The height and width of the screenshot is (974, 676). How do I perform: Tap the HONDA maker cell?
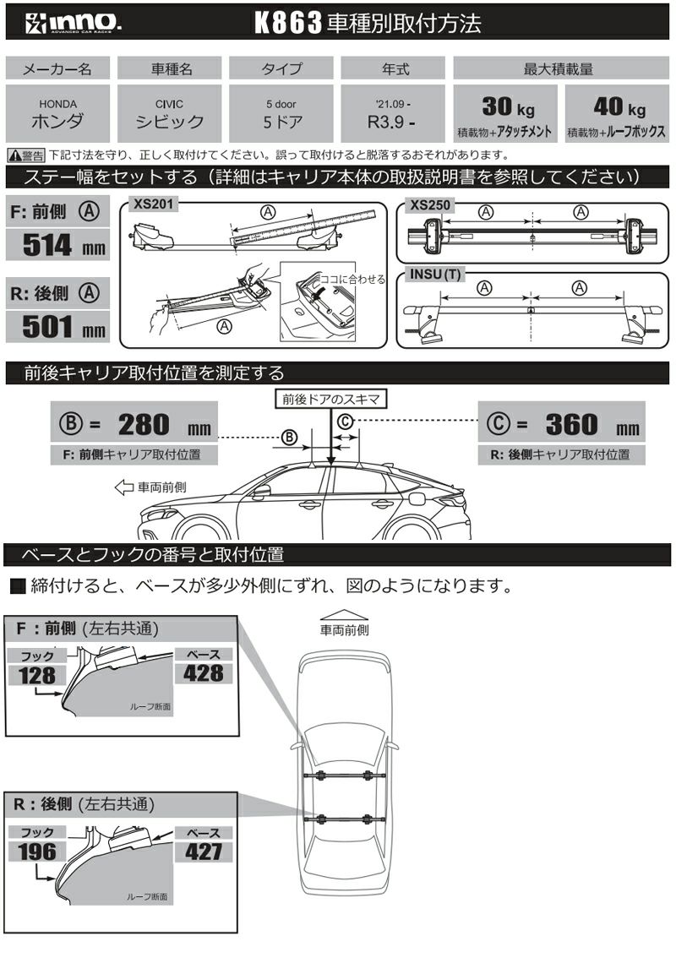tap(57, 113)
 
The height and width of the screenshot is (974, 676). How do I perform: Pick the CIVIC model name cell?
tap(170, 113)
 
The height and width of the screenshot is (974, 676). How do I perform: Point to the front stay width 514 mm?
tap(57, 246)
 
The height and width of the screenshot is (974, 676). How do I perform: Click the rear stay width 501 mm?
tap(57, 325)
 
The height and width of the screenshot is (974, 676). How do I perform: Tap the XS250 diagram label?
tap(428, 204)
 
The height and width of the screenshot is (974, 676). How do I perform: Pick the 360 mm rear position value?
tap(582, 425)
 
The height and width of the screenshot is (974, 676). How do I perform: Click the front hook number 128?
tap(36, 675)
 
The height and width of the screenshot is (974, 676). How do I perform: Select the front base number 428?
tap(203, 672)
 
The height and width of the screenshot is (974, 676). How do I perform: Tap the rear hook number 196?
tap(36, 852)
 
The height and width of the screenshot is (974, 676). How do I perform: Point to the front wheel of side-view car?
tap(200, 531)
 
